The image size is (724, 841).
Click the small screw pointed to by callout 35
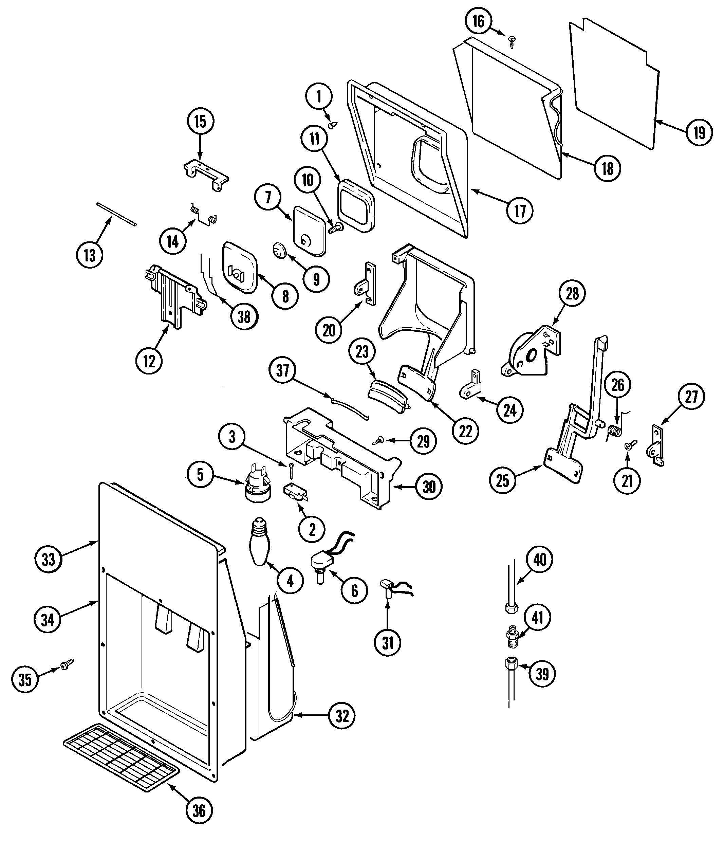(x=67, y=664)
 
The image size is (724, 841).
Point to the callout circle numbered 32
(x=342, y=716)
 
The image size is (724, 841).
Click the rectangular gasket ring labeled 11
(x=356, y=206)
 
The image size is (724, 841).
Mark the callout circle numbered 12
(x=149, y=361)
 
